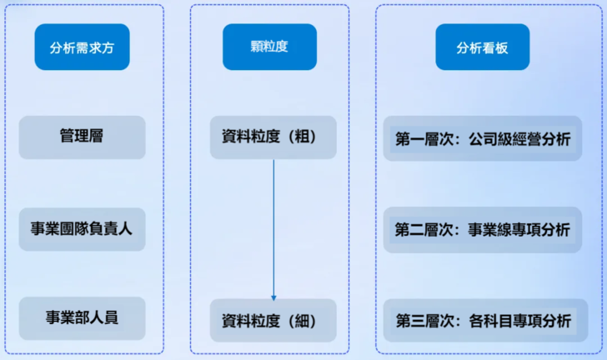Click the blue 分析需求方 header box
82,47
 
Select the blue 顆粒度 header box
269,47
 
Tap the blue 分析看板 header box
482,47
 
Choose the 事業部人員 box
82,318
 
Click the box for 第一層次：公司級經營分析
482,138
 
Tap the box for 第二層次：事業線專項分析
482,229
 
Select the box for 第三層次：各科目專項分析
482,320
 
